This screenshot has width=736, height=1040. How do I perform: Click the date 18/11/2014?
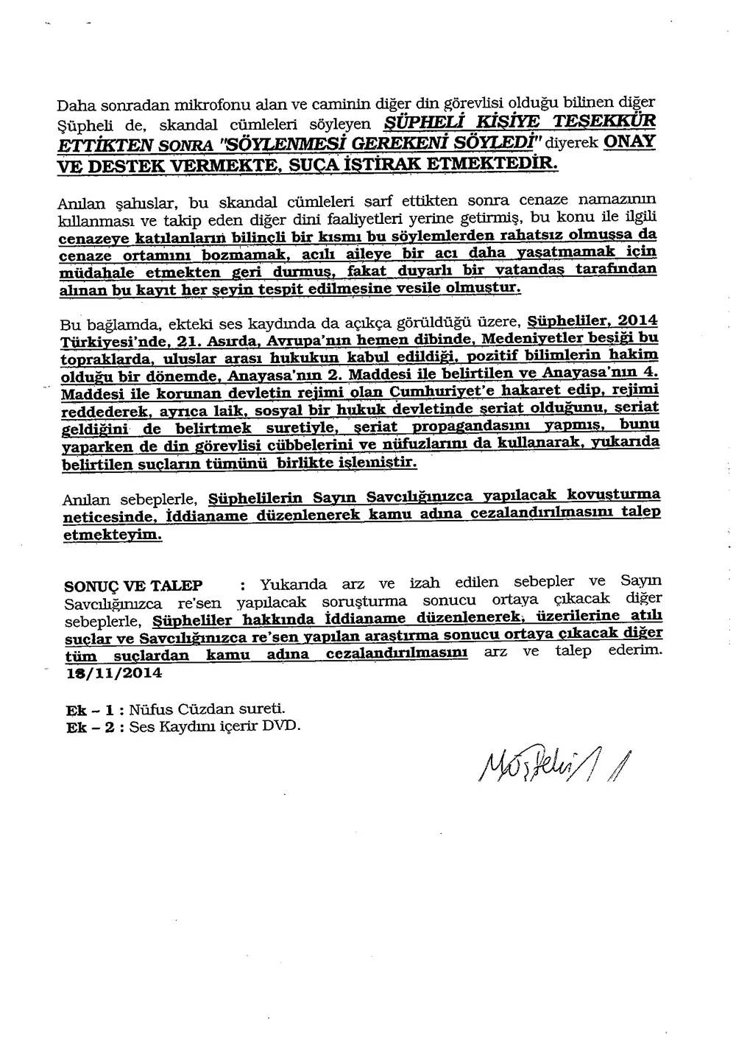(x=114, y=672)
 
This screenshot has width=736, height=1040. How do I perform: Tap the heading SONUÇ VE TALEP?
(x=134, y=586)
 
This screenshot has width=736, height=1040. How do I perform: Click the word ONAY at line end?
(x=629, y=141)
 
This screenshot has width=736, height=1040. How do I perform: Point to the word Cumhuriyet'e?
(x=436, y=391)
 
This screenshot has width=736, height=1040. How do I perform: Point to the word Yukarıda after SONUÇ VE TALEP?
(x=292, y=586)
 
